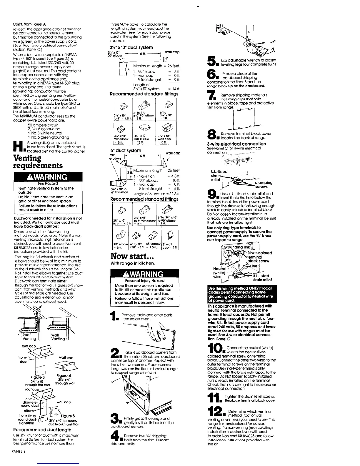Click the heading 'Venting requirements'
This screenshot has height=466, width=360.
point(38,161)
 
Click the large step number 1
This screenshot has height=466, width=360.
point(114,317)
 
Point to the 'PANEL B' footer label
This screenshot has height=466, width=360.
point(20,459)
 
